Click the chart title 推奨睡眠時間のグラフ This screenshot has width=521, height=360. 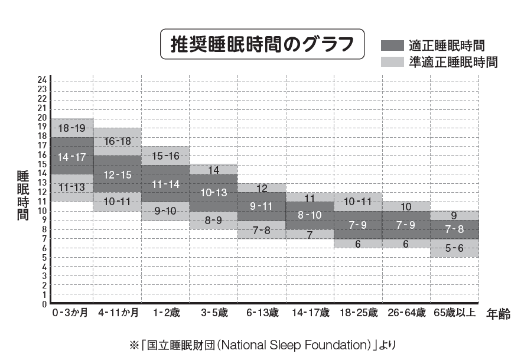point(263,44)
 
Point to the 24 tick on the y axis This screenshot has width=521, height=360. point(42,80)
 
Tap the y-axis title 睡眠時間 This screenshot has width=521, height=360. point(22,195)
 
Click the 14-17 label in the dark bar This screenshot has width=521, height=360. point(72,157)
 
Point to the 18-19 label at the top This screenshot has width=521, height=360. point(72,128)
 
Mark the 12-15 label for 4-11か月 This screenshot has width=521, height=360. point(117,175)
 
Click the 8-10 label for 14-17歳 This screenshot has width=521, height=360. point(310,215)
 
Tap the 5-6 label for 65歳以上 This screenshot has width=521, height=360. point(454,248)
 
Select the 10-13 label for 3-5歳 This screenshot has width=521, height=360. point(213,193)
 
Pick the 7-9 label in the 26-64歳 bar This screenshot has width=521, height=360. point(406,225)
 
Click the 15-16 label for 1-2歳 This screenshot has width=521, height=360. point(165,156)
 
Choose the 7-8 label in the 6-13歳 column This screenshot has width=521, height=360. point(261,230)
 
